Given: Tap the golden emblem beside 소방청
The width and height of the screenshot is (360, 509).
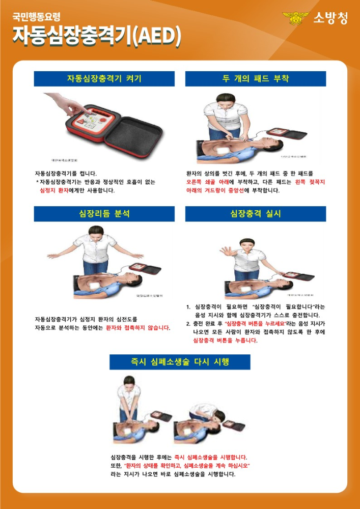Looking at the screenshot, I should [296, 18].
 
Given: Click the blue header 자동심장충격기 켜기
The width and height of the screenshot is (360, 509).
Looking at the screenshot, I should [104, 79].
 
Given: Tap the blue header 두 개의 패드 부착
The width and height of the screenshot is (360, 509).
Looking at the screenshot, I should [255, 79].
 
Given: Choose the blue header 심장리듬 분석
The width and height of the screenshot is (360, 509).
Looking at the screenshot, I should [104, 214].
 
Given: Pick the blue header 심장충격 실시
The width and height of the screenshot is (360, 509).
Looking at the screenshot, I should [255, 214].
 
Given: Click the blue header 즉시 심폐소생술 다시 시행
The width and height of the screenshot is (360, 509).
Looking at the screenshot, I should [180, 362].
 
